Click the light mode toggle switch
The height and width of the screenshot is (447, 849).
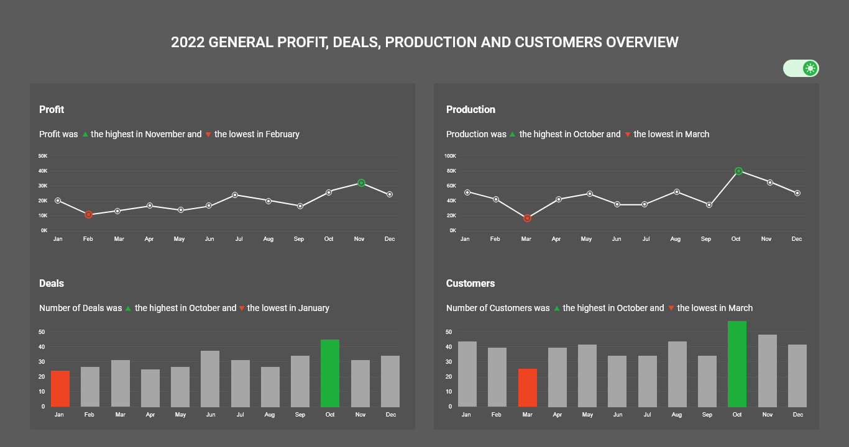[x=801, y=68]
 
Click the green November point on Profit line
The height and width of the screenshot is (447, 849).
[x=361, y=183]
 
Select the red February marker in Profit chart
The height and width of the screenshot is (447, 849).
[x=88, y=214]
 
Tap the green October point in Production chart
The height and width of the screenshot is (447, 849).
[x=738, y=171]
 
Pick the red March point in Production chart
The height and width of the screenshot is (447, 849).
[x=527, y=218]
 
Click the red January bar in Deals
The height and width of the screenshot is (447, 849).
[x=60, y=389]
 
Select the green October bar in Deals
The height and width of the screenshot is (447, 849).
[x=330, y=373]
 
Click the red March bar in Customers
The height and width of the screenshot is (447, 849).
[x=528, y=388]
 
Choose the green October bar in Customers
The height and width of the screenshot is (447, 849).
[x=737, y=364]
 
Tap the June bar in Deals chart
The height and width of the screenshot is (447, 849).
[x=210, y=379]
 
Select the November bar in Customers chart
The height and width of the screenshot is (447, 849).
[x=768, y=371]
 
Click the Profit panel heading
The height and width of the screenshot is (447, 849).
[x=52, y=110]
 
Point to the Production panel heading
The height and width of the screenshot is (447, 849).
[x=470, y=110]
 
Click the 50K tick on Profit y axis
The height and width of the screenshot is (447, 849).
[x=43, y=156]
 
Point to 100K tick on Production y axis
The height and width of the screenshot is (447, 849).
[x=450, y=156]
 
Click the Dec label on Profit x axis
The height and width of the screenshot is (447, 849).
[x=390, y=239]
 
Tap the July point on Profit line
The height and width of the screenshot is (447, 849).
[x=235, y=195]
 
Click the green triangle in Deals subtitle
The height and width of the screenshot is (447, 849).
[x=128, y=309]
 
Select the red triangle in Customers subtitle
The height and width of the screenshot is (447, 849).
[x=671, y=309]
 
